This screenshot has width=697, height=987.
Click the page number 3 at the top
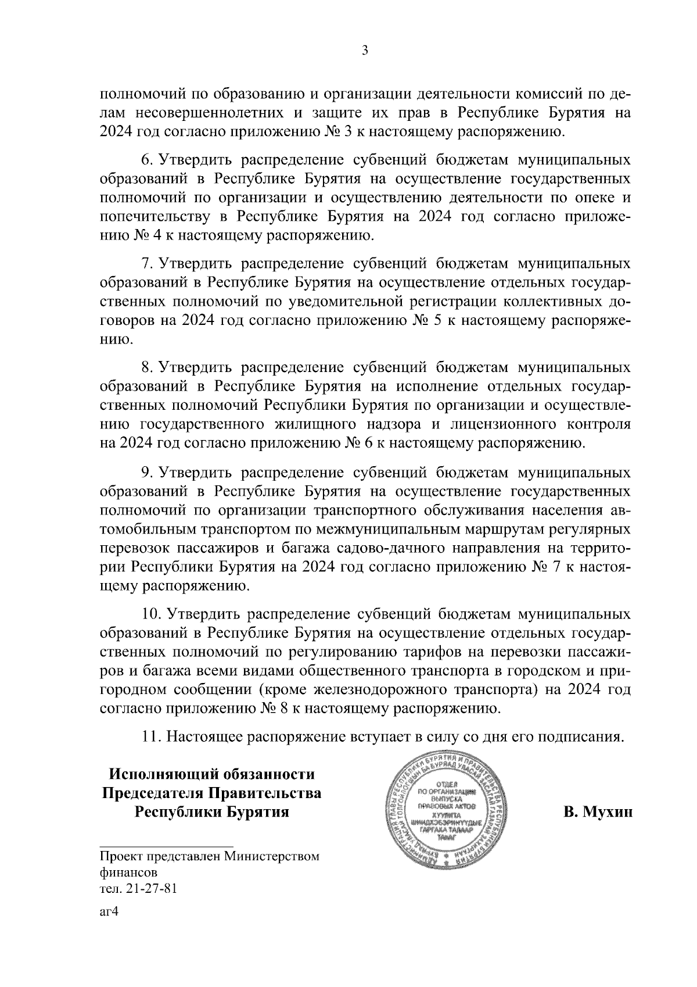pos(364,51)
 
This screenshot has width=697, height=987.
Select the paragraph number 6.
pos(146,160)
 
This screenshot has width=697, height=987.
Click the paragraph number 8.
pos(146,368)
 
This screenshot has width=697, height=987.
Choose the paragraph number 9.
pos(146,472)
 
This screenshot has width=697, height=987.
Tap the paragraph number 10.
pos(149,614)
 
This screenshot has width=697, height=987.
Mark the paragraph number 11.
pos(150,738)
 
